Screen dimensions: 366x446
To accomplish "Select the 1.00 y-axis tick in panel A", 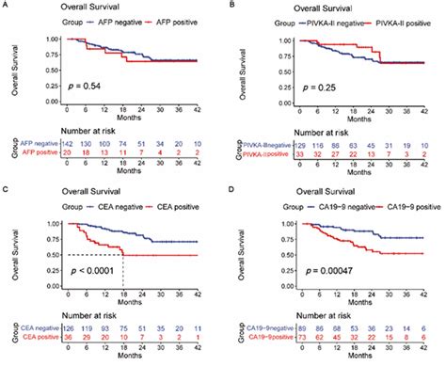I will click(34, 39).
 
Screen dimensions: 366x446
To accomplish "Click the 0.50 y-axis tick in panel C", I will click(34, 255).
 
